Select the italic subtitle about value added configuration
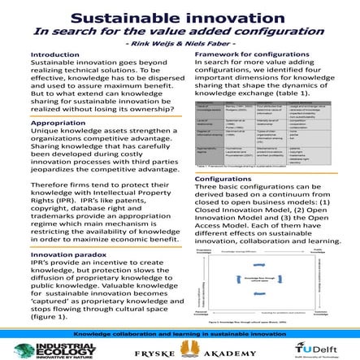pos(180,33)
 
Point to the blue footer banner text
pos(180,333)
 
